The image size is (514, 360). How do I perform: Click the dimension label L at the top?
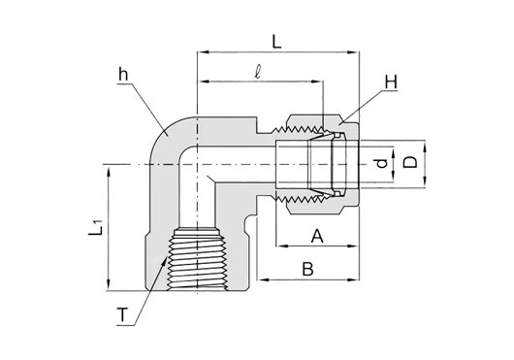(277, 42)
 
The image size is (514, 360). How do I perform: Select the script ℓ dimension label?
(258, 72)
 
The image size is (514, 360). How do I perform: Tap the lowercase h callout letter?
(123, 75)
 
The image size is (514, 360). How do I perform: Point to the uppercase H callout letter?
(391, 82)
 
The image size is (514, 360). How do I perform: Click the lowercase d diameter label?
(381, 164)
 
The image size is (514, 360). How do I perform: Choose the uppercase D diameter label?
(410, 162)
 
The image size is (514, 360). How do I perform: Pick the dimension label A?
(317, 236)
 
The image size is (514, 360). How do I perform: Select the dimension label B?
(307, 269)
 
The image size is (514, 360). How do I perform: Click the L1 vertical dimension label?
(96, 227)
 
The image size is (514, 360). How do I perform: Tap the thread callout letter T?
(122, 315)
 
